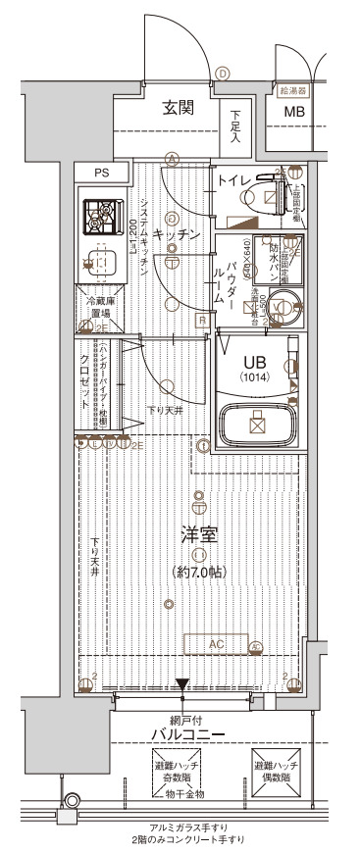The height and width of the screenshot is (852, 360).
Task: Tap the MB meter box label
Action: tap(294, 112)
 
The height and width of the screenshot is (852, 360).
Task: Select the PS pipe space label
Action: tap(101, 174)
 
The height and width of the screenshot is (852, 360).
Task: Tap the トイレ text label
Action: tap(232, 180)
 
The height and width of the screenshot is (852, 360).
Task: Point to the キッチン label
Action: tap(179, 235)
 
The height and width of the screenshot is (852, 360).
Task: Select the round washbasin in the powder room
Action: tap(286, 303)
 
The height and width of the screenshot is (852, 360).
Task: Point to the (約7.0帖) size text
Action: tap(199, 571)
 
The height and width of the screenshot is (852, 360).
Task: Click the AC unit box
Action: tap(217, 643)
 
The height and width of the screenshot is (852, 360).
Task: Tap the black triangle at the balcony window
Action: tap(182, 685)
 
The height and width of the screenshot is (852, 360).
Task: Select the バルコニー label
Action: tap(187, 734)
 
